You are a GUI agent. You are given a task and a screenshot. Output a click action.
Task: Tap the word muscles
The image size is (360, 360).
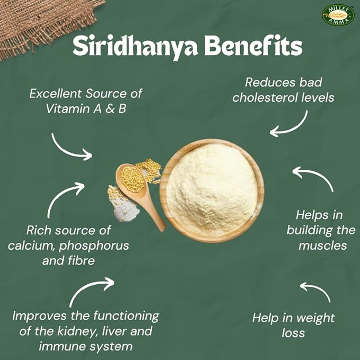(322, 245)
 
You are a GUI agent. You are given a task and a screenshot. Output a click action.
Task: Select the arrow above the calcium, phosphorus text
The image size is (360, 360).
(65, 198)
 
